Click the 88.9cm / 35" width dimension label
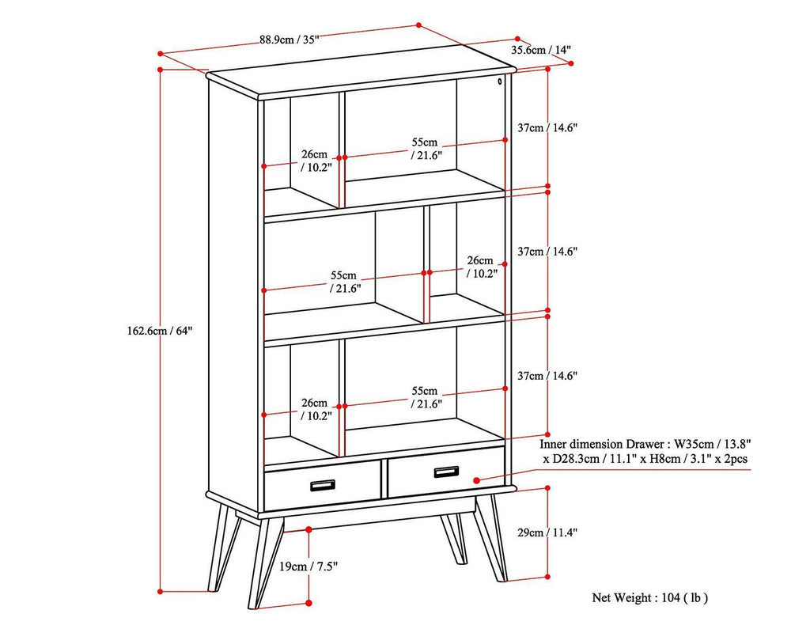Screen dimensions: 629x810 pos(289,42)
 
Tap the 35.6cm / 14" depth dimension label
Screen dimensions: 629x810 pos(541,50)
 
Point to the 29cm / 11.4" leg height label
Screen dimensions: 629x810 pos(553,533)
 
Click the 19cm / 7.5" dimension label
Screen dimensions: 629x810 pos(308,566)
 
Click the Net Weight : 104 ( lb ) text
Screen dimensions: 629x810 pos(649,597)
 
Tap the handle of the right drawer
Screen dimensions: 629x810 pos(446,472)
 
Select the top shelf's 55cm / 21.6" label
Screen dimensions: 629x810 pos(425,149)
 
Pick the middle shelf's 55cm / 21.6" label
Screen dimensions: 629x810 pos(346,282)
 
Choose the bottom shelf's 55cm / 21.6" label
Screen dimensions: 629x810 pos(425,397)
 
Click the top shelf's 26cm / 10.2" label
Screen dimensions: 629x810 pos(314,161)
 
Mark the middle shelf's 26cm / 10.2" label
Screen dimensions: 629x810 pos(480,267)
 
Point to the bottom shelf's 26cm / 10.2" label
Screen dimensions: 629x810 pos(314,408)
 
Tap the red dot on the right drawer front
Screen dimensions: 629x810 pos(476,479)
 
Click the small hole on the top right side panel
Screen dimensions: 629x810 pos(501,81)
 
